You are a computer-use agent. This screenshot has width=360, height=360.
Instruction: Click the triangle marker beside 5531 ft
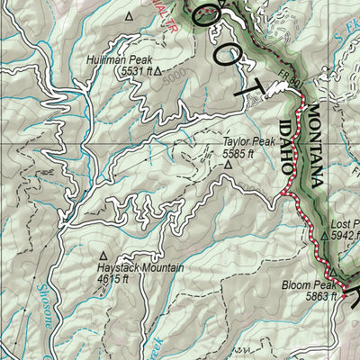157,68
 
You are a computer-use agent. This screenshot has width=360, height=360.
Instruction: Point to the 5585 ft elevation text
241,153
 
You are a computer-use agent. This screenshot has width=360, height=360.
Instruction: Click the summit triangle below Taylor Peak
229,165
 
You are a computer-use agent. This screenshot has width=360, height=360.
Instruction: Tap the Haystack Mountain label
141,268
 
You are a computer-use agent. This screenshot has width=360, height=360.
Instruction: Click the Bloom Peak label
307,284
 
